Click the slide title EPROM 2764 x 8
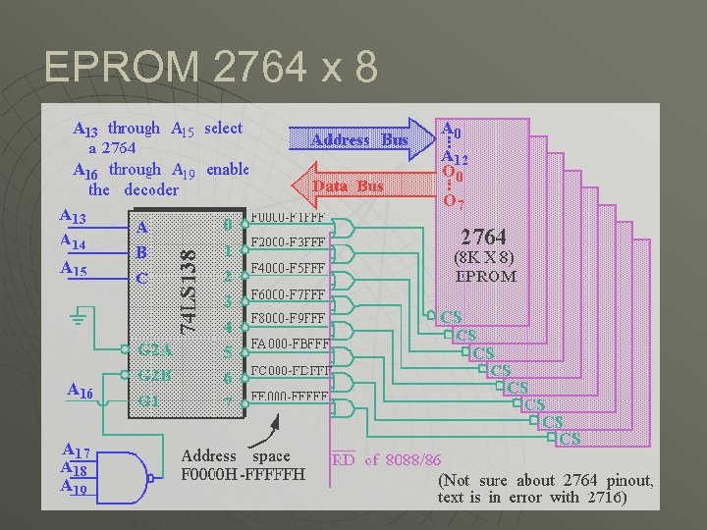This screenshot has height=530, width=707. coord(211,67)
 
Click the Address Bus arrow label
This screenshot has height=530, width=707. coord(358,139)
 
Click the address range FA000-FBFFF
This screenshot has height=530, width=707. coord(291,344)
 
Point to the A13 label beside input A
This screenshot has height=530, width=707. coord(73,217)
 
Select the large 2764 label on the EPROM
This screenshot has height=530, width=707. coord(484,238)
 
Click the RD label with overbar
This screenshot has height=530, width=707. coord(343,459)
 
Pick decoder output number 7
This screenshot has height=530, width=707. coord(227,401)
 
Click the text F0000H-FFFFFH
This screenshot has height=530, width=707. coord(244,475)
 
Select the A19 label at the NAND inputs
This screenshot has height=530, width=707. coord(76,486)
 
